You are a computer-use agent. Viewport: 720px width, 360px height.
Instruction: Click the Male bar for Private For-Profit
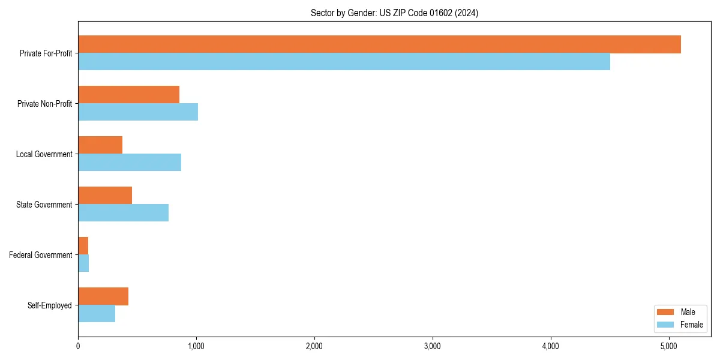(379, 44)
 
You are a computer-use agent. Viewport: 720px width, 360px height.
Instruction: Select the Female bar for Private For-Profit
(344, 62)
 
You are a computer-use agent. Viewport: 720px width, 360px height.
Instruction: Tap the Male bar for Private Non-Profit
(128, 95)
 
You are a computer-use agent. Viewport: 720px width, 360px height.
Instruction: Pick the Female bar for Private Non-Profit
(138, 112)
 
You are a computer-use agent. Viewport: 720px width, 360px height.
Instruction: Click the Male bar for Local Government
(100, 145)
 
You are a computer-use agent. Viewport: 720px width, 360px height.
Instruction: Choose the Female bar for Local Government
(130, 163)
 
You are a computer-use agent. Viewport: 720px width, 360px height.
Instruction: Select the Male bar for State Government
(105, 196)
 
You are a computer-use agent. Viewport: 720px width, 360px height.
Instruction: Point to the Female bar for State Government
(123, 213)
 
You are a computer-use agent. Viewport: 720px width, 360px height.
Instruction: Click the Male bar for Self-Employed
(103, 296)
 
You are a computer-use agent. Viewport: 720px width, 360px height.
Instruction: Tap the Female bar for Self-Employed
(97, 314)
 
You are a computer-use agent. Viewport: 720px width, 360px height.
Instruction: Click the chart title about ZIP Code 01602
(394, 13)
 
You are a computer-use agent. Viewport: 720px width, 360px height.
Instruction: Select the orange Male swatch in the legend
(666, 312)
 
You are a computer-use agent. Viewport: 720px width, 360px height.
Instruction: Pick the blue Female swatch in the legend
(666, 325)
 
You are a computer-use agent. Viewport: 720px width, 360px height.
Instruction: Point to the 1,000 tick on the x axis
(196, 346)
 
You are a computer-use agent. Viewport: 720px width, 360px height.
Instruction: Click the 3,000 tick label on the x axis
(433, 346)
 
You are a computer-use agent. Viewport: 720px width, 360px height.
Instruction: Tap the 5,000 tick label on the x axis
(669, 346)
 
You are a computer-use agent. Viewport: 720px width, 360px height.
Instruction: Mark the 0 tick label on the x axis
(78, 346)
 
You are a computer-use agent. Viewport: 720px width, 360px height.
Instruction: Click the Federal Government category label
(41, 255)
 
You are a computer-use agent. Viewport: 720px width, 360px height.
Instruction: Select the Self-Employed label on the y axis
(50, 305)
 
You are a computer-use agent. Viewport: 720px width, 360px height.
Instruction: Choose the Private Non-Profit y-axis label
(44, 104)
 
